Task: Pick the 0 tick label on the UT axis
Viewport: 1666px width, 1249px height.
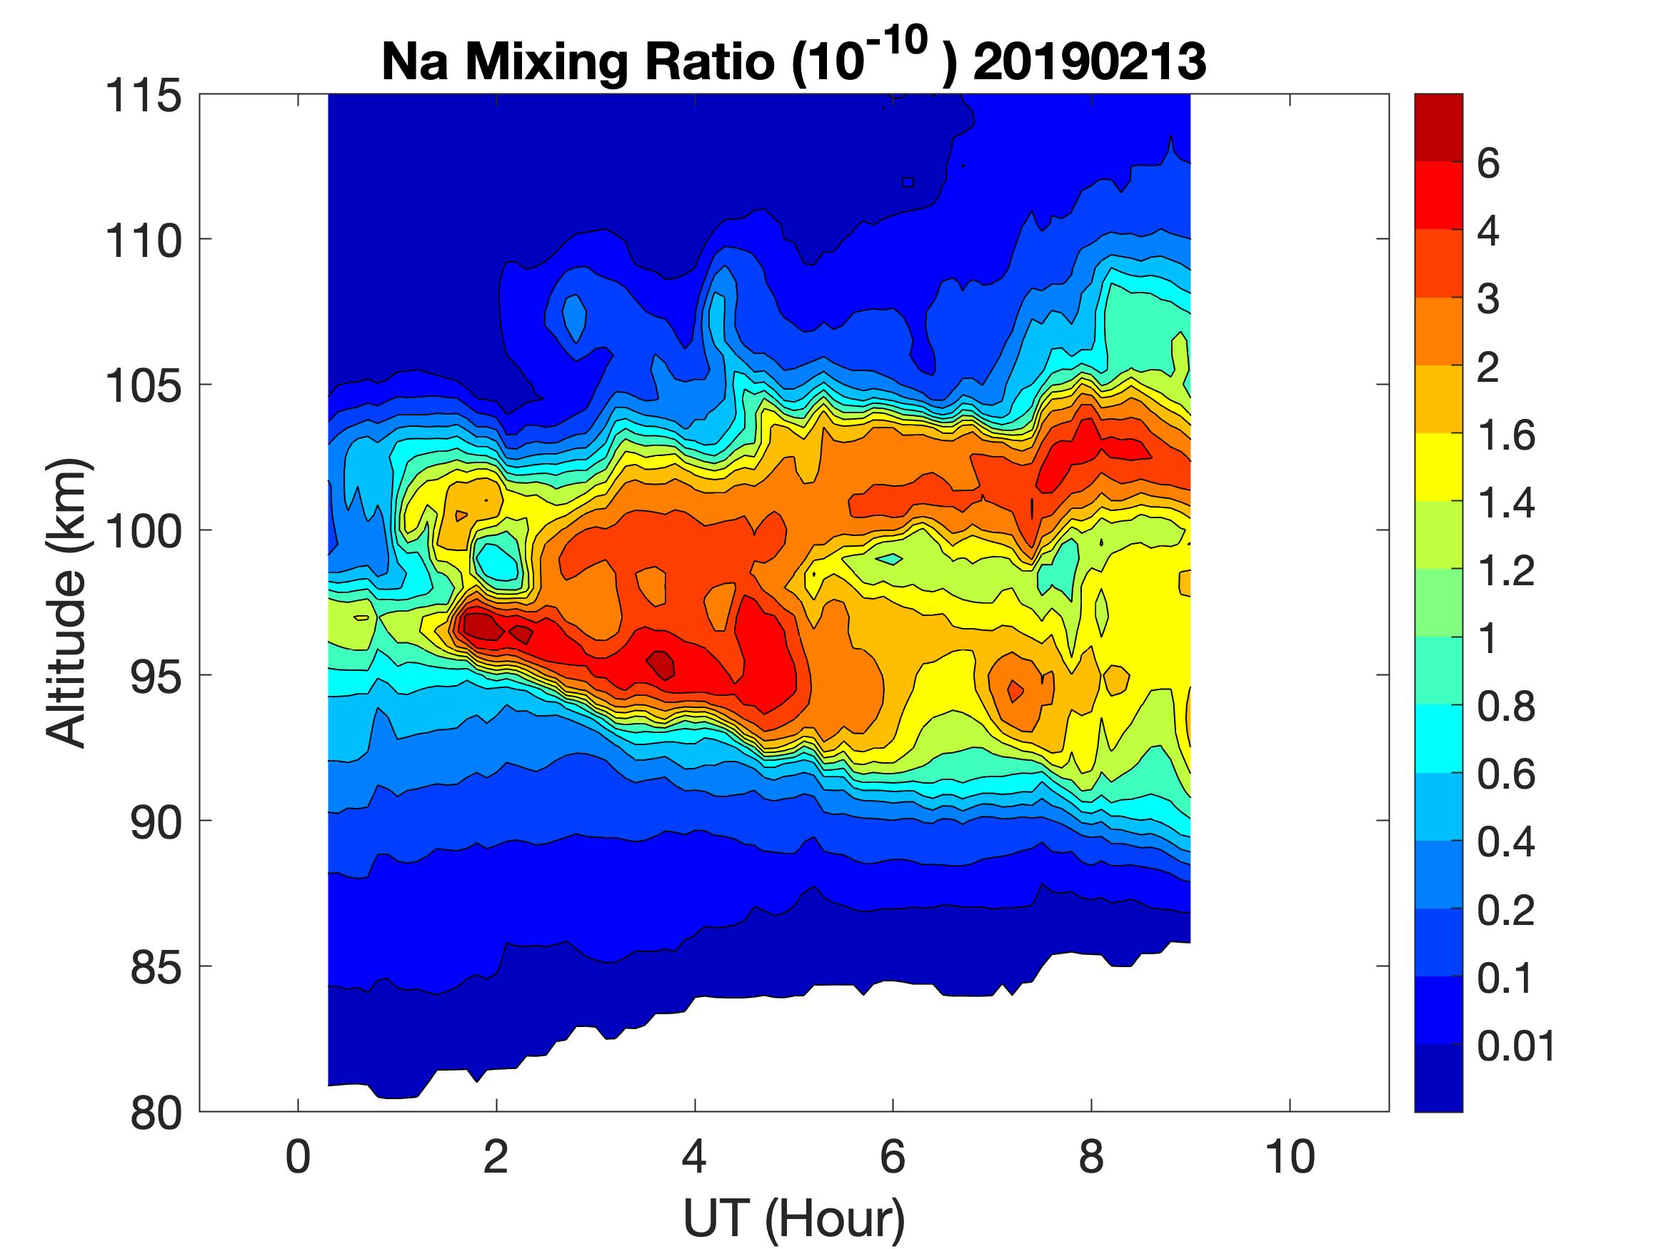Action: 298,1157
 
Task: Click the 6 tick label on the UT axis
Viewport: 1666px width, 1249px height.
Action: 893,1157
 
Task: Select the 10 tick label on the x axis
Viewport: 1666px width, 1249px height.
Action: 1290,1157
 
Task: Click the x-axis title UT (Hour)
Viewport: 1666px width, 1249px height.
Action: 794,1218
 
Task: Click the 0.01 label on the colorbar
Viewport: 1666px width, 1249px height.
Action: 1515,1046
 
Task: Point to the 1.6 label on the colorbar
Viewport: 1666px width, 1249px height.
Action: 1505,436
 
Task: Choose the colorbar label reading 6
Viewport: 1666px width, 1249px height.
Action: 1488,163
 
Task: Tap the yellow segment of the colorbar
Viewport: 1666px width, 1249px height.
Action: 1437,467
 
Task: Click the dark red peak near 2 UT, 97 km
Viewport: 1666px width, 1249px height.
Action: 482,626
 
